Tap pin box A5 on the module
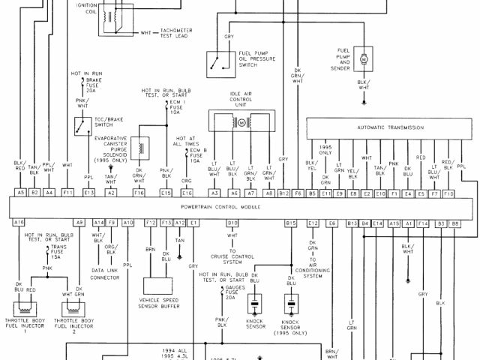pos(19,193)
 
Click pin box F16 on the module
pos(139,193)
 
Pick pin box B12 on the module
pos(283,193)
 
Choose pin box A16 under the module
pos(19,223)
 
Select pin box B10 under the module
pos(232,223)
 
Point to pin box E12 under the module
pos(313,223)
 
